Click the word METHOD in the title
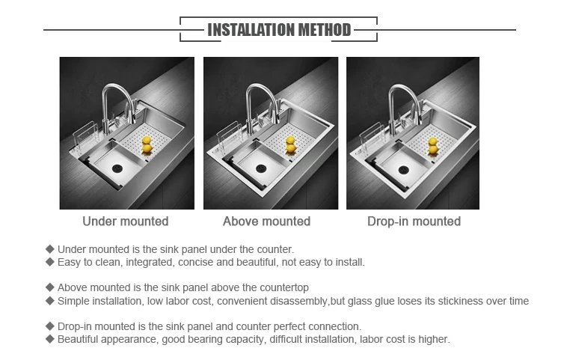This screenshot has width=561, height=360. (325, 30)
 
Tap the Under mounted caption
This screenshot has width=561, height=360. (126, 221)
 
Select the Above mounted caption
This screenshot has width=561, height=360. (266, 221)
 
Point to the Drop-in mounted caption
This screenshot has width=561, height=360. (414, 221)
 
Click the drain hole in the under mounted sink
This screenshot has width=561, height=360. (117, 168)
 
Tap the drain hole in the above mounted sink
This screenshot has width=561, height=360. (261, 168)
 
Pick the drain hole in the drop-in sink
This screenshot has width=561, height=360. (404, 170)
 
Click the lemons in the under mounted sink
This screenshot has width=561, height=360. (147, 144)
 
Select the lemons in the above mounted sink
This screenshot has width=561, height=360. (291, 144)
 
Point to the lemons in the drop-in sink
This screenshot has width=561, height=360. (433, 146)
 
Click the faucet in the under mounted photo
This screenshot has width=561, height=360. (118, 107)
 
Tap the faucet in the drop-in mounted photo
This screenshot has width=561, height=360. (404, 108)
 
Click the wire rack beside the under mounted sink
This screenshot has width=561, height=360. (85, 138)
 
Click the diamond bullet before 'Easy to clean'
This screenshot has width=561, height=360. (50, 262)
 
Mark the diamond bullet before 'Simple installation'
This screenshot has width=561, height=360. (50, 301)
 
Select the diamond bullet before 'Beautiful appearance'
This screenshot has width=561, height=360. (50, 338)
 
